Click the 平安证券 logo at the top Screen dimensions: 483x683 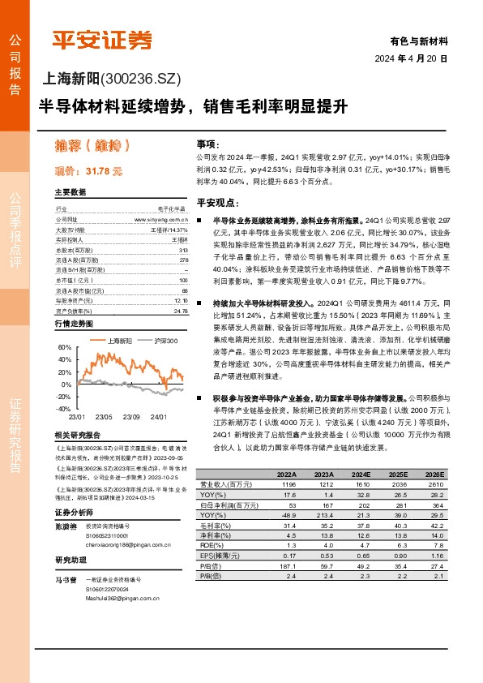pyautogui.click(x=101, y=38)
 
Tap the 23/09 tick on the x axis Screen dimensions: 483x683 pyautogui.click(x=131, y=416)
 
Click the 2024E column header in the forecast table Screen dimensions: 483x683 pyautogui.click(x=361, y=474)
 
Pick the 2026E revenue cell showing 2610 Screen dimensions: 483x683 pyautogui.click(x=436, y=483)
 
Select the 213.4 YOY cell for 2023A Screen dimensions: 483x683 pyautogui.click(x=325, y=514)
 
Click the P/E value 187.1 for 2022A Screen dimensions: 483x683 pyautogui.click(x=288, y=565)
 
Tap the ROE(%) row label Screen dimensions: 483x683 pyautogui.click(x=214, y=545)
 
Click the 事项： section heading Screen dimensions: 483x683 pyautogui.click(x=207, y=141)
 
